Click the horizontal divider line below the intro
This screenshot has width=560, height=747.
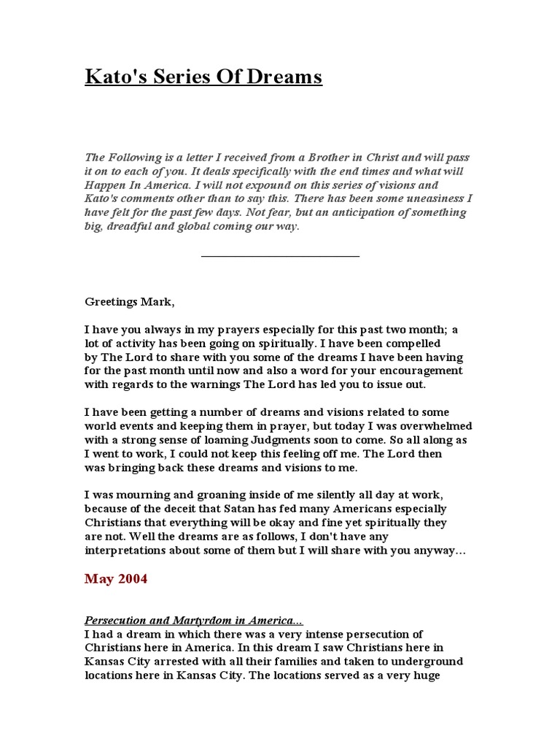(x=280, y=256)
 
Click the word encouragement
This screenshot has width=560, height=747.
(x=412, y=371)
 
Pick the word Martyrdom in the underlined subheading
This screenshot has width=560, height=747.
(x=198, y=620)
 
